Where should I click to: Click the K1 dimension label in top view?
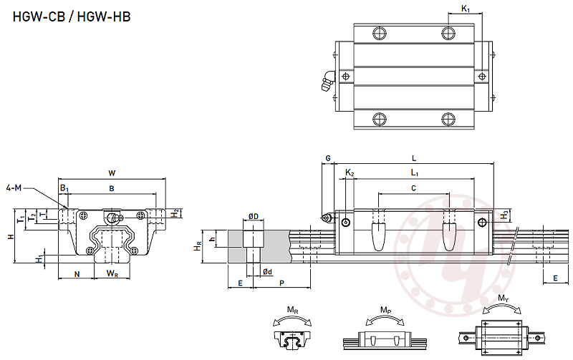[465, 9]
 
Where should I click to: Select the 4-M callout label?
[14, 188]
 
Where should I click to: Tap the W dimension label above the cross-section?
[111, 172]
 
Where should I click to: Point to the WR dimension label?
[112, 273]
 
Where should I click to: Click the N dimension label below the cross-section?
[76, 273]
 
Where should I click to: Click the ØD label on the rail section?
[253, 216]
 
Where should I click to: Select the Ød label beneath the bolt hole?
[266, 271]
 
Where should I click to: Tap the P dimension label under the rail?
[281, 283]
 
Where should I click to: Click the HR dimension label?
[198, 245]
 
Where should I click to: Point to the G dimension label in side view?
[327, 157]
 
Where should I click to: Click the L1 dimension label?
[414, 172]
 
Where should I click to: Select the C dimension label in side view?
[413, 188]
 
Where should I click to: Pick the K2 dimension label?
[349, 172]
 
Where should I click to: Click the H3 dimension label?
[505, 213]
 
